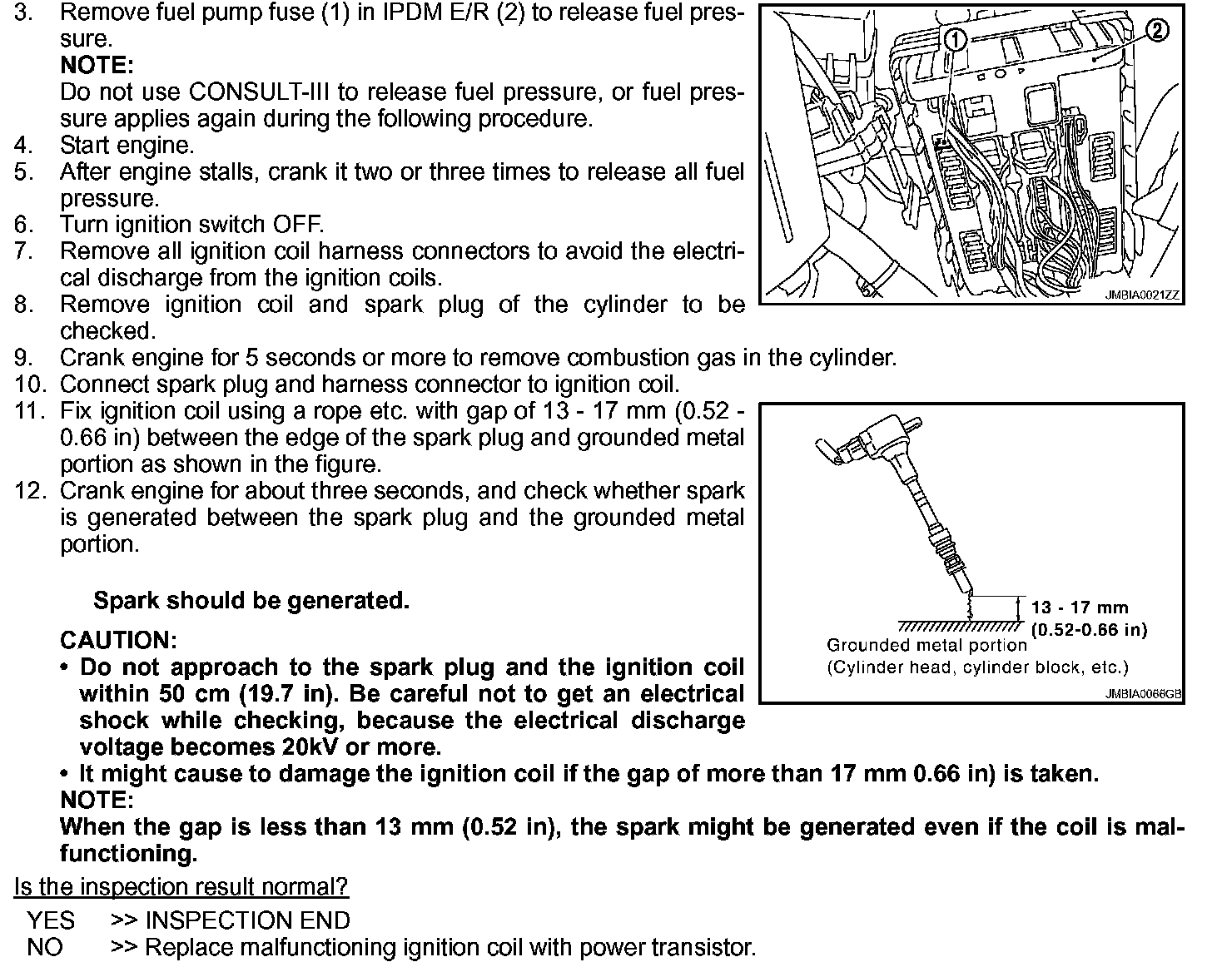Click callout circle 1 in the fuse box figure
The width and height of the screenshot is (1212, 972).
[x=956, y=38]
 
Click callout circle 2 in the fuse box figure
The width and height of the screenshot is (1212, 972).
[x=1157, y=31]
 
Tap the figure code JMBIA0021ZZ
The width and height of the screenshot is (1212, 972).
[x=1143, y=295]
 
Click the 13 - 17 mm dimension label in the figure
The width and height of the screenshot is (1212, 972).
[x=1080, y=607]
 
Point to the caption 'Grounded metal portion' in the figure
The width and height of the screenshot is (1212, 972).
[x=926, y=645]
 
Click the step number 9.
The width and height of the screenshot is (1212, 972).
[x=22, y=358]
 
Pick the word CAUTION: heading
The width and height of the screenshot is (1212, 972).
[x=118, y=640]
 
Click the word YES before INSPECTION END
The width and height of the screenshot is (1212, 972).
[x=50, y=920]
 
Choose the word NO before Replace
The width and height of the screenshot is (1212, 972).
[x=44, y=947]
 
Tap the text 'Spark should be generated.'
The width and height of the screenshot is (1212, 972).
[x=251, y=600]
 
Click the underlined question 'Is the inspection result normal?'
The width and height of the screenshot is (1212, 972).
[x=181, y=887]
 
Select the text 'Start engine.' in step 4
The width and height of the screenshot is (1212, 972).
[x=127, y=145]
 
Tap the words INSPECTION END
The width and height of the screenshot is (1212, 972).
[x=247, y=920]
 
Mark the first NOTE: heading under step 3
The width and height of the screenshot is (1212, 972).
[x=96, y=65]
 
